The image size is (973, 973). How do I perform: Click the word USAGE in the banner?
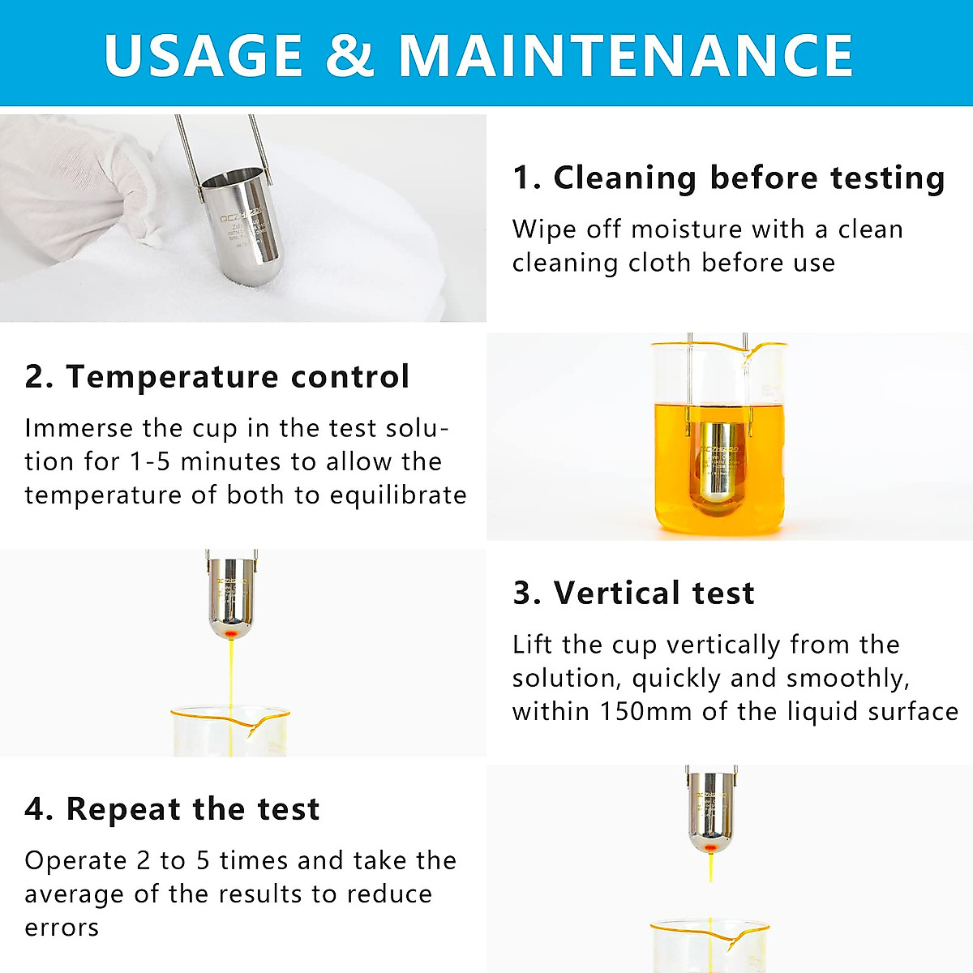[x=203, y=55]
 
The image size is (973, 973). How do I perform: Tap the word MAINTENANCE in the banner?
[x=625, y=55]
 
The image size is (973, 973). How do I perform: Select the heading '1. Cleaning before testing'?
[x=728, y=178]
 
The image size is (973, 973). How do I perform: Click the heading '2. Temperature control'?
[x=216, y=377]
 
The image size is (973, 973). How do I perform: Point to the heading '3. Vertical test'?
[x=633, y=593]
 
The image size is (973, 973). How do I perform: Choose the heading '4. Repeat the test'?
[x=172, y=809]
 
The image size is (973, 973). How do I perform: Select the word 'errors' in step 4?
[x=62, y=927]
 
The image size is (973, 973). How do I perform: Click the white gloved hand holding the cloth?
[x=81, y=186]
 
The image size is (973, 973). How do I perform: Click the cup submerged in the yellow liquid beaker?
[x=718, y=466]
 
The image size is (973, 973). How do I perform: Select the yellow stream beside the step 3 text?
[x=232, y=673]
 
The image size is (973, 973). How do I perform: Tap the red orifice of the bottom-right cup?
[x=710, y=847]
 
